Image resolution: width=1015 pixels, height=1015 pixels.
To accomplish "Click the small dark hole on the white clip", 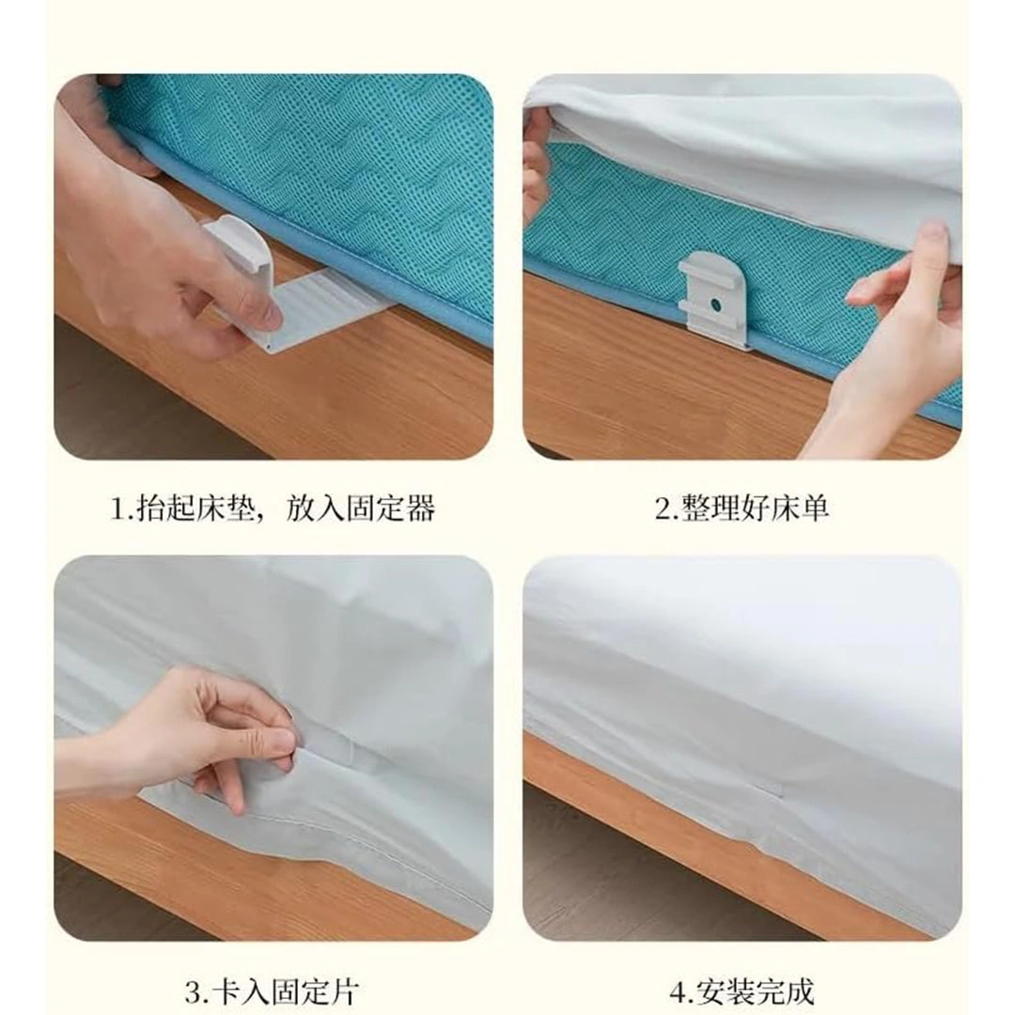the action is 714,302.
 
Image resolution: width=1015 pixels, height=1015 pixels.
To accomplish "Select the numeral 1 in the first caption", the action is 118,508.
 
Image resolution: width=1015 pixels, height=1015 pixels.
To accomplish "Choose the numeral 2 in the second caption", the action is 664,508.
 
